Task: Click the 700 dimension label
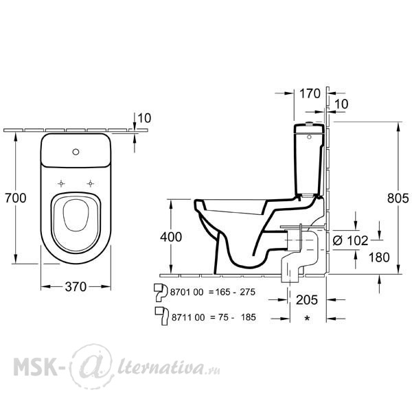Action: [16, 198]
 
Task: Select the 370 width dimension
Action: [76, 286]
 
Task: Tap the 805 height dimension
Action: [398, 198]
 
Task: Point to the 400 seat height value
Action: [171, 237]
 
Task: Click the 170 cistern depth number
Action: [310, 93]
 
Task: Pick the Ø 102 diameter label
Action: [350, 240]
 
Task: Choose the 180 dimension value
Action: [379, 257]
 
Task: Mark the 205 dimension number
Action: [307, 300]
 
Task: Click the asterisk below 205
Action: [307, 319]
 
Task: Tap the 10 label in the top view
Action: [144, 118]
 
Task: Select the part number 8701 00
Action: [187, 292]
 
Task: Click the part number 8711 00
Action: [188, 317]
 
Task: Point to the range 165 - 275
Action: [236, 292]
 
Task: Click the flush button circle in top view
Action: [76, 152]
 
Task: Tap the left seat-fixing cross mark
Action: [61, 183]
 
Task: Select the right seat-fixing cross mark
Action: [91, 183]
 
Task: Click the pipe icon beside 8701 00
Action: [161, 293]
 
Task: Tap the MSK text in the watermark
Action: [35, 367]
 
